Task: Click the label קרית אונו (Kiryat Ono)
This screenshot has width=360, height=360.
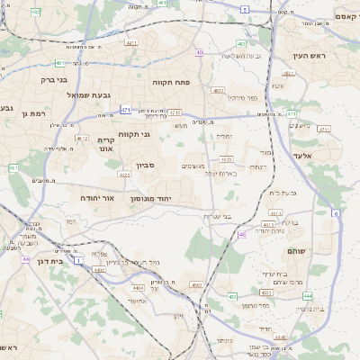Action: pyautogui.click(x=105, y=145)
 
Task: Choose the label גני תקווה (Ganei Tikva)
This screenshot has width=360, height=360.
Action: pyautogui.click(x=159, y=135)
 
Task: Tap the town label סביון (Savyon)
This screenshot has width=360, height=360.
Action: pyautogui.click(x=146, y=166)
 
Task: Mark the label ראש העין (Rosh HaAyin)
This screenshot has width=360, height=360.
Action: pyautogui.click(x=310, y=56)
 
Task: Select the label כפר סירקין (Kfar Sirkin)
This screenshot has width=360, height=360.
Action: pyautogui.click(x=242, y=97)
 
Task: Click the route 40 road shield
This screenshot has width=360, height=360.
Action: pyautogui.click(x=199, y=53)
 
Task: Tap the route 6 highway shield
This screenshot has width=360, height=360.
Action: pyautogui.click(x=335, y=213)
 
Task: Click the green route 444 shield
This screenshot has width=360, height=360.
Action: pyautogui.click(x=308, y=295)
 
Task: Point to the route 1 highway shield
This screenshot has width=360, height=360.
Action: pyautogui.click(x=79, y=259)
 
